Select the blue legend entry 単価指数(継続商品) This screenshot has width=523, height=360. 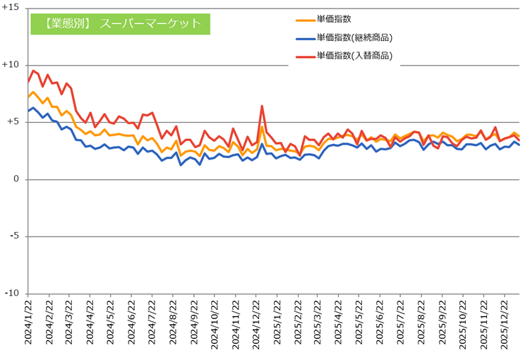354,37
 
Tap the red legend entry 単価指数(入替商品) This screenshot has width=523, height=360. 354,55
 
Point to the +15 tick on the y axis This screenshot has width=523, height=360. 11,7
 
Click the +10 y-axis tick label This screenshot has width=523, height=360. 11,64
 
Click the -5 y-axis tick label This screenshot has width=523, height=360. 14,236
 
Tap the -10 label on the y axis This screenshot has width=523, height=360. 12,294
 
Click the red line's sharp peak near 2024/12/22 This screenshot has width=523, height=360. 262,106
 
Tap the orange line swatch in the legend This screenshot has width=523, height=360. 304,20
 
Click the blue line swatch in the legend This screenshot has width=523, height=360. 304,38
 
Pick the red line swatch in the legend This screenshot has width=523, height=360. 304,56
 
